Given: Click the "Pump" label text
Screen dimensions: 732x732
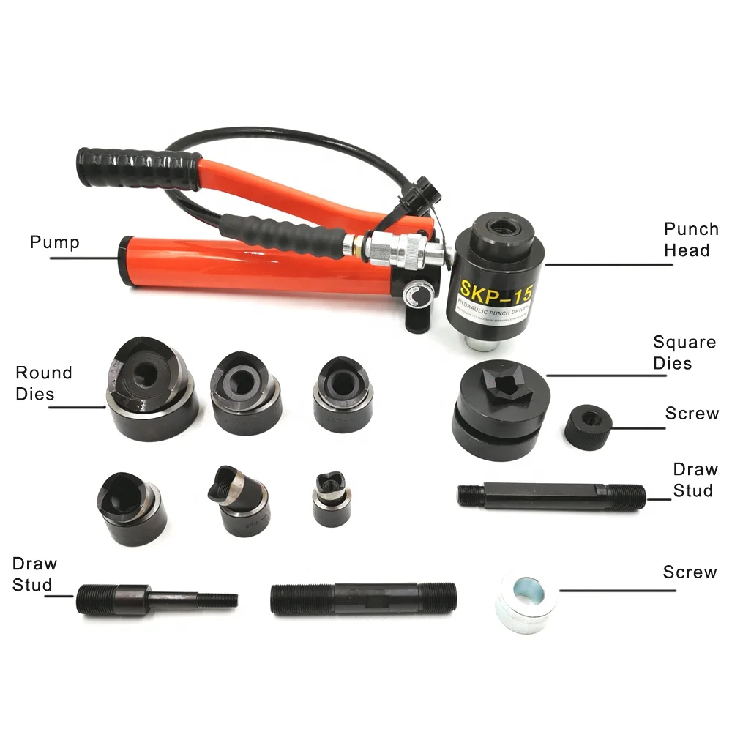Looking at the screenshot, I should click(54, 242).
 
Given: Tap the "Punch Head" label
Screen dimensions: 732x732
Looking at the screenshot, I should click(690, 239).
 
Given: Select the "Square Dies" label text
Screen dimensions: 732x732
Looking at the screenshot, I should click(684, 352).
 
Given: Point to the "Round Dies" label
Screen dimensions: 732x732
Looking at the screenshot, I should click(44, 383).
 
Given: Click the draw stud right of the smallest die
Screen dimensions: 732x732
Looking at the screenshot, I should click(550, 496).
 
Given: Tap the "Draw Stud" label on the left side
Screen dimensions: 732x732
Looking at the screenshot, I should click(34, 574).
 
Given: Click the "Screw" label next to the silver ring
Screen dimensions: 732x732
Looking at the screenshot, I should click(689, 572).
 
